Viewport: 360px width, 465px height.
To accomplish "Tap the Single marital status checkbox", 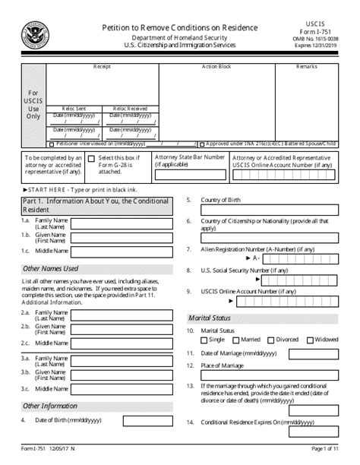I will coord(203,340).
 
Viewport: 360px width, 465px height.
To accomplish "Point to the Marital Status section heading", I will coord(210,318).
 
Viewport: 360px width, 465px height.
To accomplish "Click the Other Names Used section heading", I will coord(50,268).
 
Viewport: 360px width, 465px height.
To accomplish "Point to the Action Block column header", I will coord(216,67).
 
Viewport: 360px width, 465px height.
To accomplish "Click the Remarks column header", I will coord(308,67).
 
